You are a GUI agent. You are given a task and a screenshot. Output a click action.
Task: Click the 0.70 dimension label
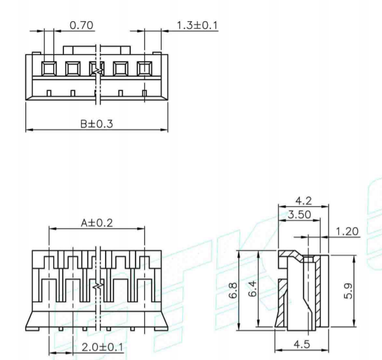[82, 25]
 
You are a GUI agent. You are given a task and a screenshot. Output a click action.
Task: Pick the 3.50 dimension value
[299, 215]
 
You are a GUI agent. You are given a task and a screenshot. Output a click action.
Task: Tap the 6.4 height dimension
[266, 290]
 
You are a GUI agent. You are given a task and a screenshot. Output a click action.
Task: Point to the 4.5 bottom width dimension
[302, 343]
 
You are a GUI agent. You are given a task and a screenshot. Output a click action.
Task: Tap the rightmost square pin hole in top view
[144, 68]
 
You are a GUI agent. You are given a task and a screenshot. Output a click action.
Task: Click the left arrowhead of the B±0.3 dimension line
[29, 130]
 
